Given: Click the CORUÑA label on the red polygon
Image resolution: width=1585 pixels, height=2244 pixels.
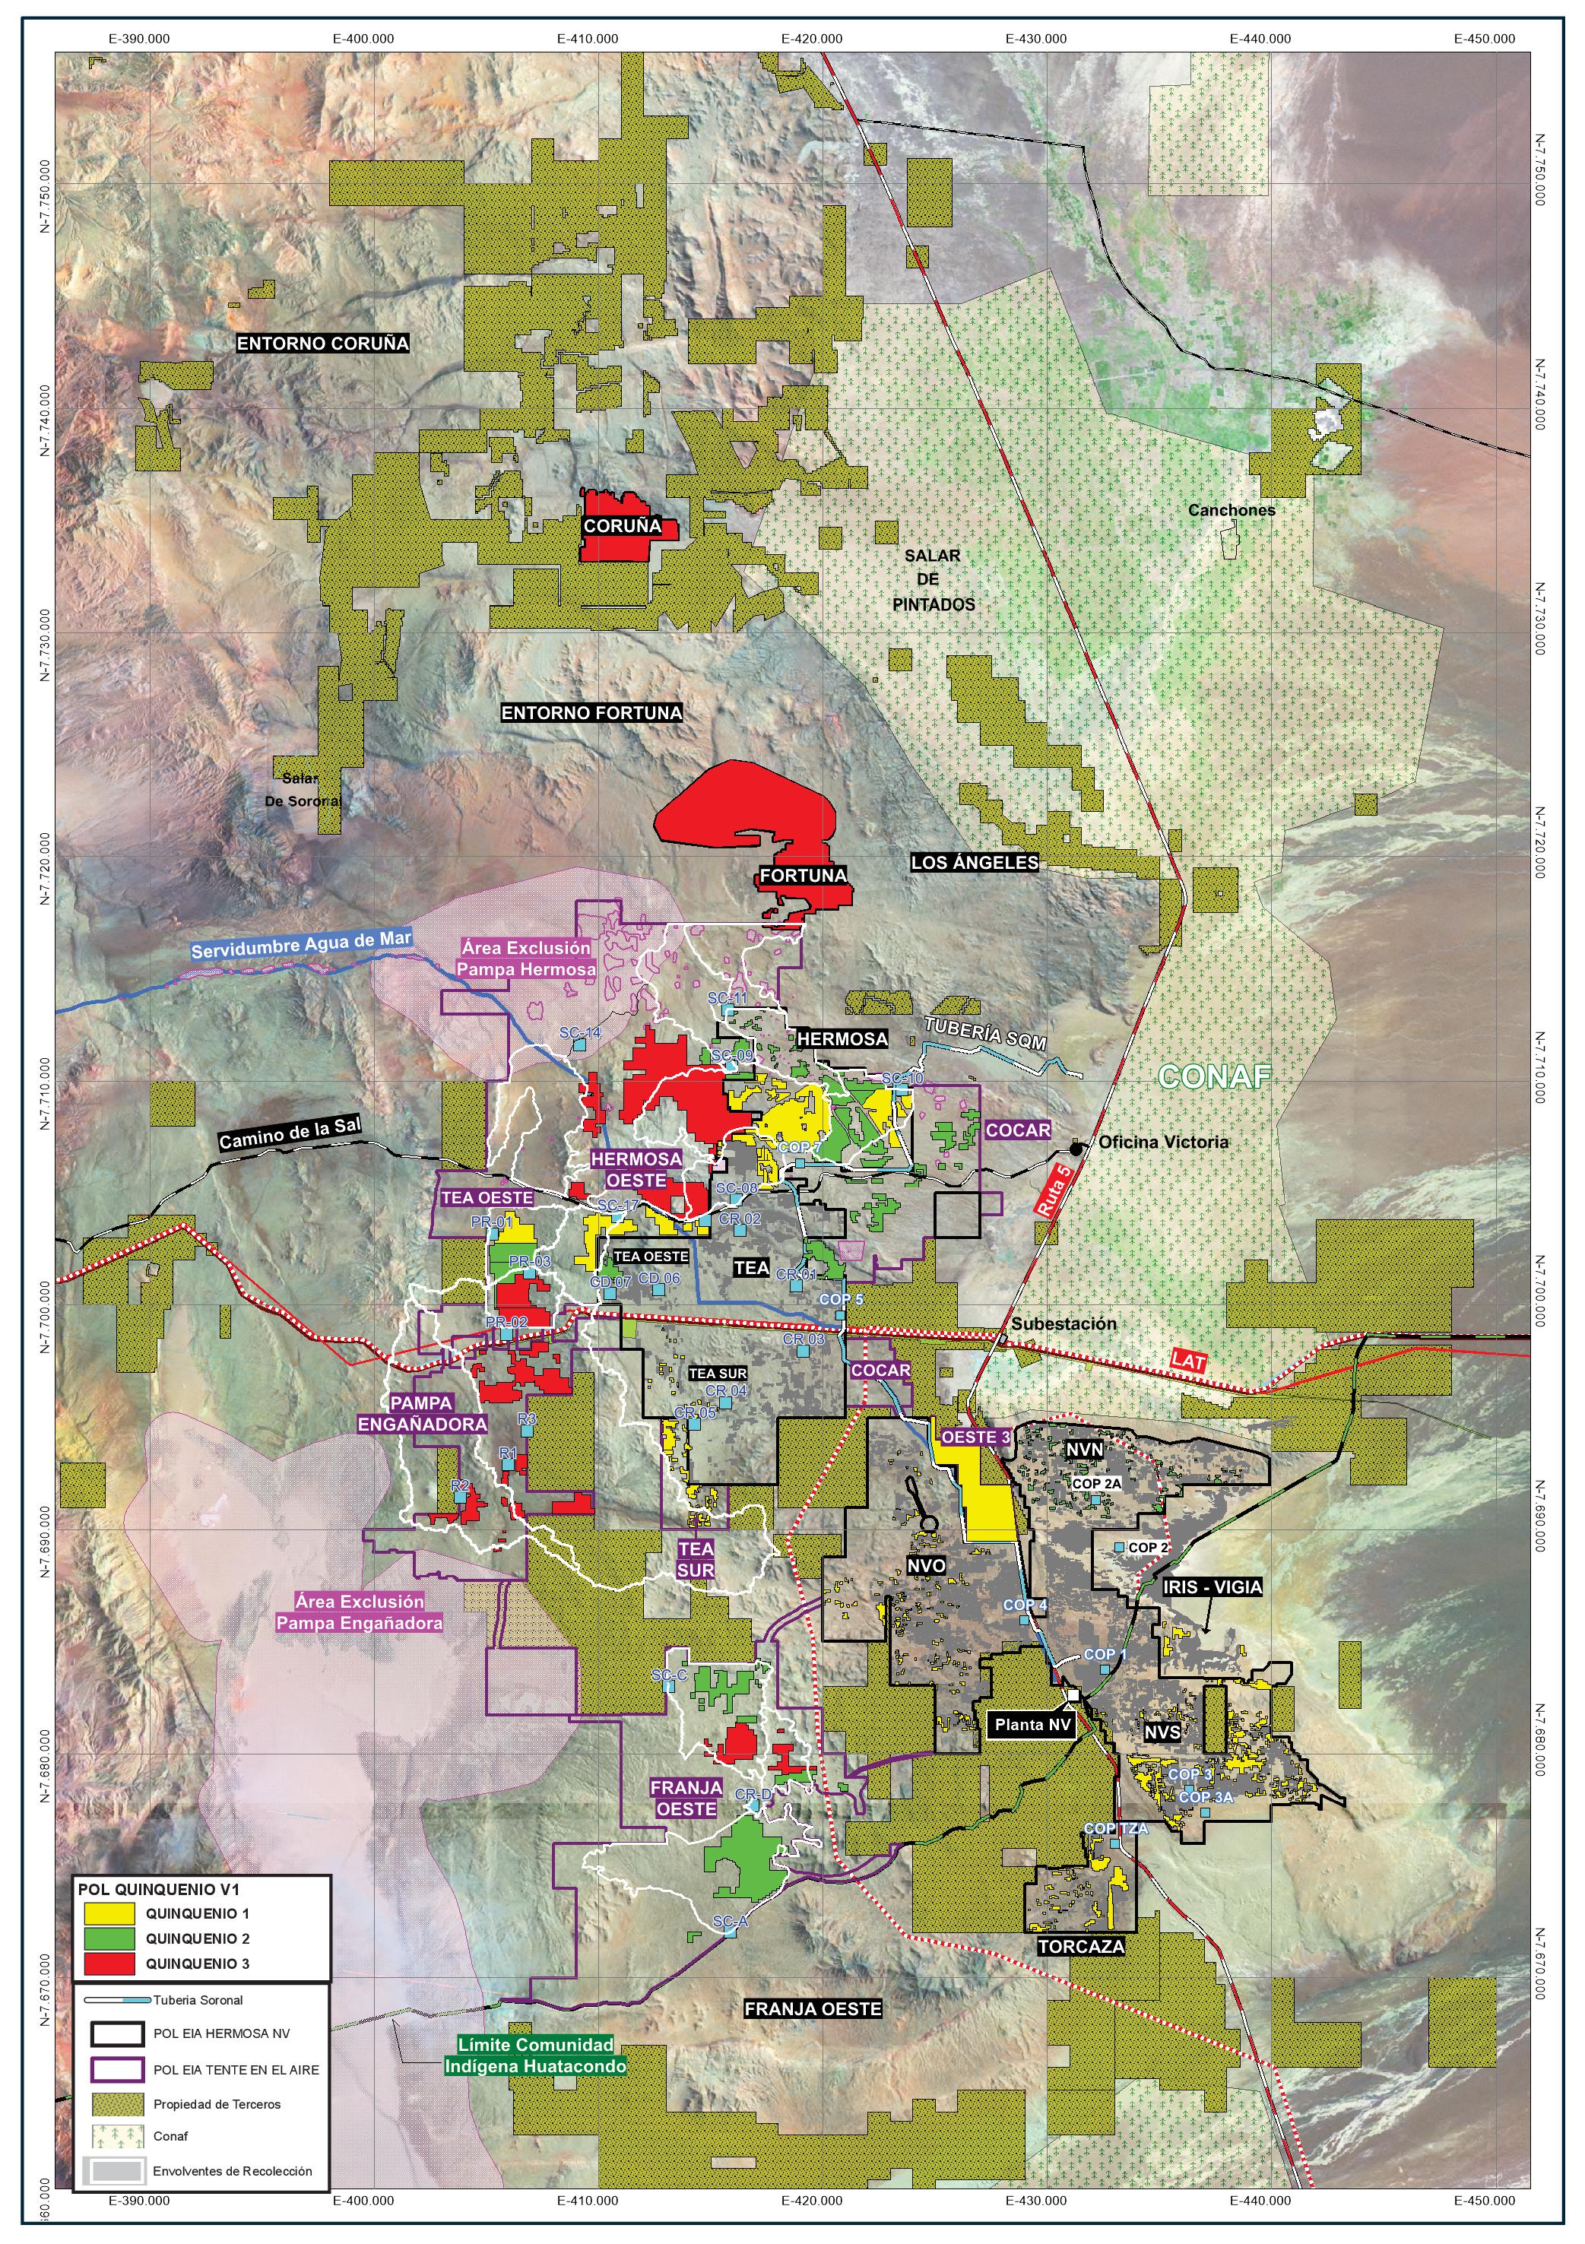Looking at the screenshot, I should coord(622,526).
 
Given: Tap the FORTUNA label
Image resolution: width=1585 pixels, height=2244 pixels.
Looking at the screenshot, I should coord(804,875).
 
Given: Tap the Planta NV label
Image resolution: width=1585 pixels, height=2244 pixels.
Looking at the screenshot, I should coord(1033,1725).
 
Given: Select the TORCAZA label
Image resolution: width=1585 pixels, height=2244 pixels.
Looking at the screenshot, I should coord(1081,1946).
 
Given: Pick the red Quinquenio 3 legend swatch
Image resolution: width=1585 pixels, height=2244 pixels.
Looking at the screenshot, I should coord(109,1963).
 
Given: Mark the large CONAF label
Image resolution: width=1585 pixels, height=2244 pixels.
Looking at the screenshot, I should coord(1215,1077).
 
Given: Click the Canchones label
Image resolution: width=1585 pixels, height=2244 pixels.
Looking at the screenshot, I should coord(1232,510).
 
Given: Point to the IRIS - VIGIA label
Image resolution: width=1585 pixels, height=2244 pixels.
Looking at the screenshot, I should coord(1212,1587).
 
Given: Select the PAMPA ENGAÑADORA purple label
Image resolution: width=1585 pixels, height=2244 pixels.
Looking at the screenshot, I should coord(422,1414).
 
